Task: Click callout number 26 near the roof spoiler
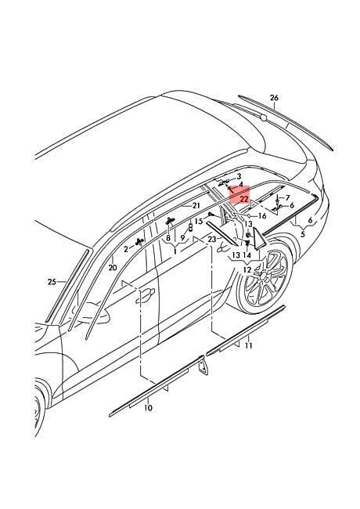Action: click(x=274, y=97)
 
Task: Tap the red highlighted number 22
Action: click(x=244, y=199)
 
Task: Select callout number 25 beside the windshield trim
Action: click(x=52, y=282)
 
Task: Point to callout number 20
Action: click(x=113, y=268)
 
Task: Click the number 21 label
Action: click(x=196, y=205)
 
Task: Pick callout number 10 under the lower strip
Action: click(x=148, y=408)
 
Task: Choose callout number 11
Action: click(x=248, y=345)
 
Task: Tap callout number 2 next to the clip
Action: click(x=126, y=249)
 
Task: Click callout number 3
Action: click(x=239, y=176)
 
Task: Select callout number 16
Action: click(x=262, y=216)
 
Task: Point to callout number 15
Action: click(x=199, y=221)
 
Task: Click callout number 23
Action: click(x=212, y=240)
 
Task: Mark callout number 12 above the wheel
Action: click(x=247, y=269)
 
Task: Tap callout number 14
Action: click(x=247, y=254)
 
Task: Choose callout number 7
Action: click(x=288, y=197)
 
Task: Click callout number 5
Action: click(x=303, y=234)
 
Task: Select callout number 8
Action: click(x=168, y=238)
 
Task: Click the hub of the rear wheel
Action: click(x=264, y=276)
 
